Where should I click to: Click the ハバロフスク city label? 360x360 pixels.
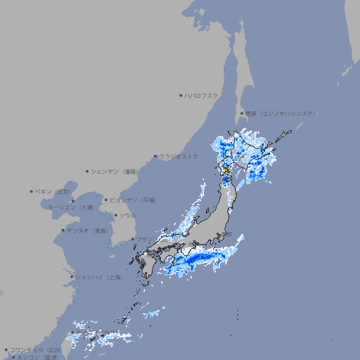pyautogui.click(x=202, y=95)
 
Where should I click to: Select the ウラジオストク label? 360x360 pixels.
pyautogui.click(x=179, y=156)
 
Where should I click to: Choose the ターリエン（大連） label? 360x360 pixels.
pyautogui.click(x=71, y=207)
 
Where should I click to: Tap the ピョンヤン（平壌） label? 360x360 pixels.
pyautogui.click(x=134, y=200)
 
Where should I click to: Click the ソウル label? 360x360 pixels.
pyautogui.click(x=127, y=215)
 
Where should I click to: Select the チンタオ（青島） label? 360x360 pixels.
pyautogui.click(x=88, y=230)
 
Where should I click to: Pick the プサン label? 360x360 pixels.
pyautogui.click(x=143, y=239)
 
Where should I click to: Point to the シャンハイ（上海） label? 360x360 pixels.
pyautogui.click(x=98, y=277)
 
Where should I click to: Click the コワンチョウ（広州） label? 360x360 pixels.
pyautogui.click(x=36, y=349)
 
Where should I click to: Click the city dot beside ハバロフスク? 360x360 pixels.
pyautogui.click(x=181, y=95)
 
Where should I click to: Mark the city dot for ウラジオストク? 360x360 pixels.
pyautogui.click(x=155, y=156)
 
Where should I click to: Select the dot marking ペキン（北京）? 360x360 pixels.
pyautogui.click(x=32, y=191)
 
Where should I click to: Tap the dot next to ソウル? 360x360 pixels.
pyautogui.click(x=115, y=215)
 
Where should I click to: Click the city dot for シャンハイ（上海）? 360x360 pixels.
pyautogui.click(x=72, y=277)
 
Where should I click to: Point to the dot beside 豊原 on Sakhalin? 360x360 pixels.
pyautogui.click(x=242, y=113)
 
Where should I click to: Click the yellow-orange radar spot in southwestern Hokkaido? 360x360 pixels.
pyautogui.click(x=225, y=170)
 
